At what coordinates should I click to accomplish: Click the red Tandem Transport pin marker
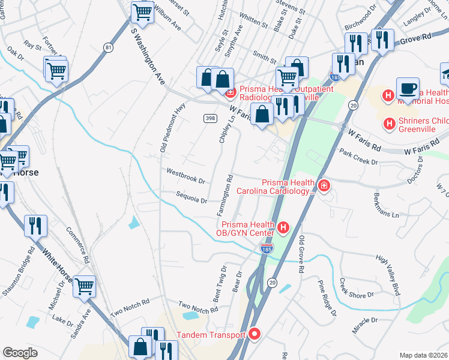(255, 335)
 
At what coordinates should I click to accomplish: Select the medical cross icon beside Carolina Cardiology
(324, 187)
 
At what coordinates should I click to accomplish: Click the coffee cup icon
(408, 88)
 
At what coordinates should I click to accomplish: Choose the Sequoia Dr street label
(191, 197)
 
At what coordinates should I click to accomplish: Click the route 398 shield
(209, 118)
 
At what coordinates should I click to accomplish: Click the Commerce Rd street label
(77, 245)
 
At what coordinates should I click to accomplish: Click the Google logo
(20, 352)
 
